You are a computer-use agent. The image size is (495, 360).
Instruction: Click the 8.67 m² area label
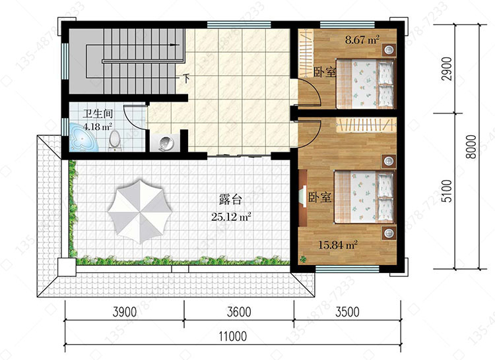click(x=362, y=40)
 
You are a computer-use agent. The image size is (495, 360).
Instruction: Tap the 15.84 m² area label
click(x=337, y=245)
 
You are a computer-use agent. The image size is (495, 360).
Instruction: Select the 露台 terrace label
click(x=230, y=200)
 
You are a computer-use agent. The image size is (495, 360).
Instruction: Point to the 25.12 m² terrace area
click(x=231, y=216)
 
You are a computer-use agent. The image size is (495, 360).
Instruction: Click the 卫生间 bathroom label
click(x=98, y=114)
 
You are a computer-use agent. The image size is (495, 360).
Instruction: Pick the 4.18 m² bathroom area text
click(x=98, y=127)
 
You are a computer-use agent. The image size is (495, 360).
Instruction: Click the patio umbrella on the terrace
click(x=139, y=211)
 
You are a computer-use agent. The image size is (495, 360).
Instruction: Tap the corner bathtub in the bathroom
click(x=83, y=138)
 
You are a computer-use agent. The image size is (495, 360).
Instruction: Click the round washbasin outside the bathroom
click(x=166, y=144)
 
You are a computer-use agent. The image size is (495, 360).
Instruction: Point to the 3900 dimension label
click(x=125, y=312)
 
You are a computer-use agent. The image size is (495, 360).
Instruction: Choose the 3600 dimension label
click(x=239, y=312)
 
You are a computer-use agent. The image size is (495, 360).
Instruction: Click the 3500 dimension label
click(x=347, y=312)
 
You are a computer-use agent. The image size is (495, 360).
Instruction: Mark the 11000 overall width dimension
click(x=233, y=336)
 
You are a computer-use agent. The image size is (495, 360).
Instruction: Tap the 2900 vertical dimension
click(x=447, y=69)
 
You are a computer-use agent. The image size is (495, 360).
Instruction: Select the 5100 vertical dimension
click(x=447, y=191)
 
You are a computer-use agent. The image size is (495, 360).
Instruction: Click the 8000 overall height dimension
click(x=471, y=146)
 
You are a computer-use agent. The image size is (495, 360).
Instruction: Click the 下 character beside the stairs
click(x=187, y=78)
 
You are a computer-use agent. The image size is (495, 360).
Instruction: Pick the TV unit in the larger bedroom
click(x=302, y=198)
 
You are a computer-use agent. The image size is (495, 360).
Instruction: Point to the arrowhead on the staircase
click(x=172, y=45)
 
